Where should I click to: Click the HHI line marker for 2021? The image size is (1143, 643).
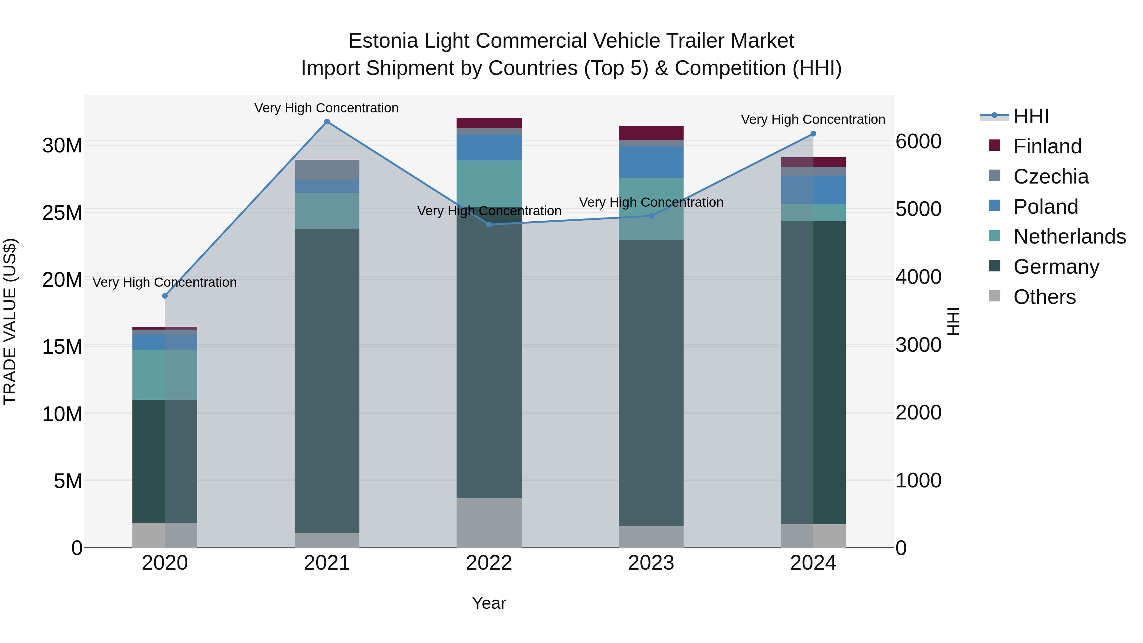point(327,122)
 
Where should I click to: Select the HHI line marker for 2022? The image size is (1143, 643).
point(489,224)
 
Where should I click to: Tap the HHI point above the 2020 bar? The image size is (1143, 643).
point(165,296)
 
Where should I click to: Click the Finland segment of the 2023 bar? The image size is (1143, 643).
point(651,133)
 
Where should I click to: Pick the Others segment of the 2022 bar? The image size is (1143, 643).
point(489,523)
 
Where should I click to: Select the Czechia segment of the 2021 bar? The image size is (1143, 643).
point(327,170)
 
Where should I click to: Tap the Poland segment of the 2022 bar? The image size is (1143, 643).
point(489,147)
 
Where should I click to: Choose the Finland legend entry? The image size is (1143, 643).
point(1047,146)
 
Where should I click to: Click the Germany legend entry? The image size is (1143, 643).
point(1056,267)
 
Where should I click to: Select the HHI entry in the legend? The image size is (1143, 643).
point(1030,116)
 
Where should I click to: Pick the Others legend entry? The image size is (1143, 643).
point(1045,297)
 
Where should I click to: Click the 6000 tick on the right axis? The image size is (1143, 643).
point(918,142)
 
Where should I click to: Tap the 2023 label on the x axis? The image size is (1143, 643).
point(651,563)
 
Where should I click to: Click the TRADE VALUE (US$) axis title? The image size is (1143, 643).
point(10,321)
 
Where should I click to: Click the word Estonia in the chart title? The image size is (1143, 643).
point(383,41)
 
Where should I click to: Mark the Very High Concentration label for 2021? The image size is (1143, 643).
point(327,108)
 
